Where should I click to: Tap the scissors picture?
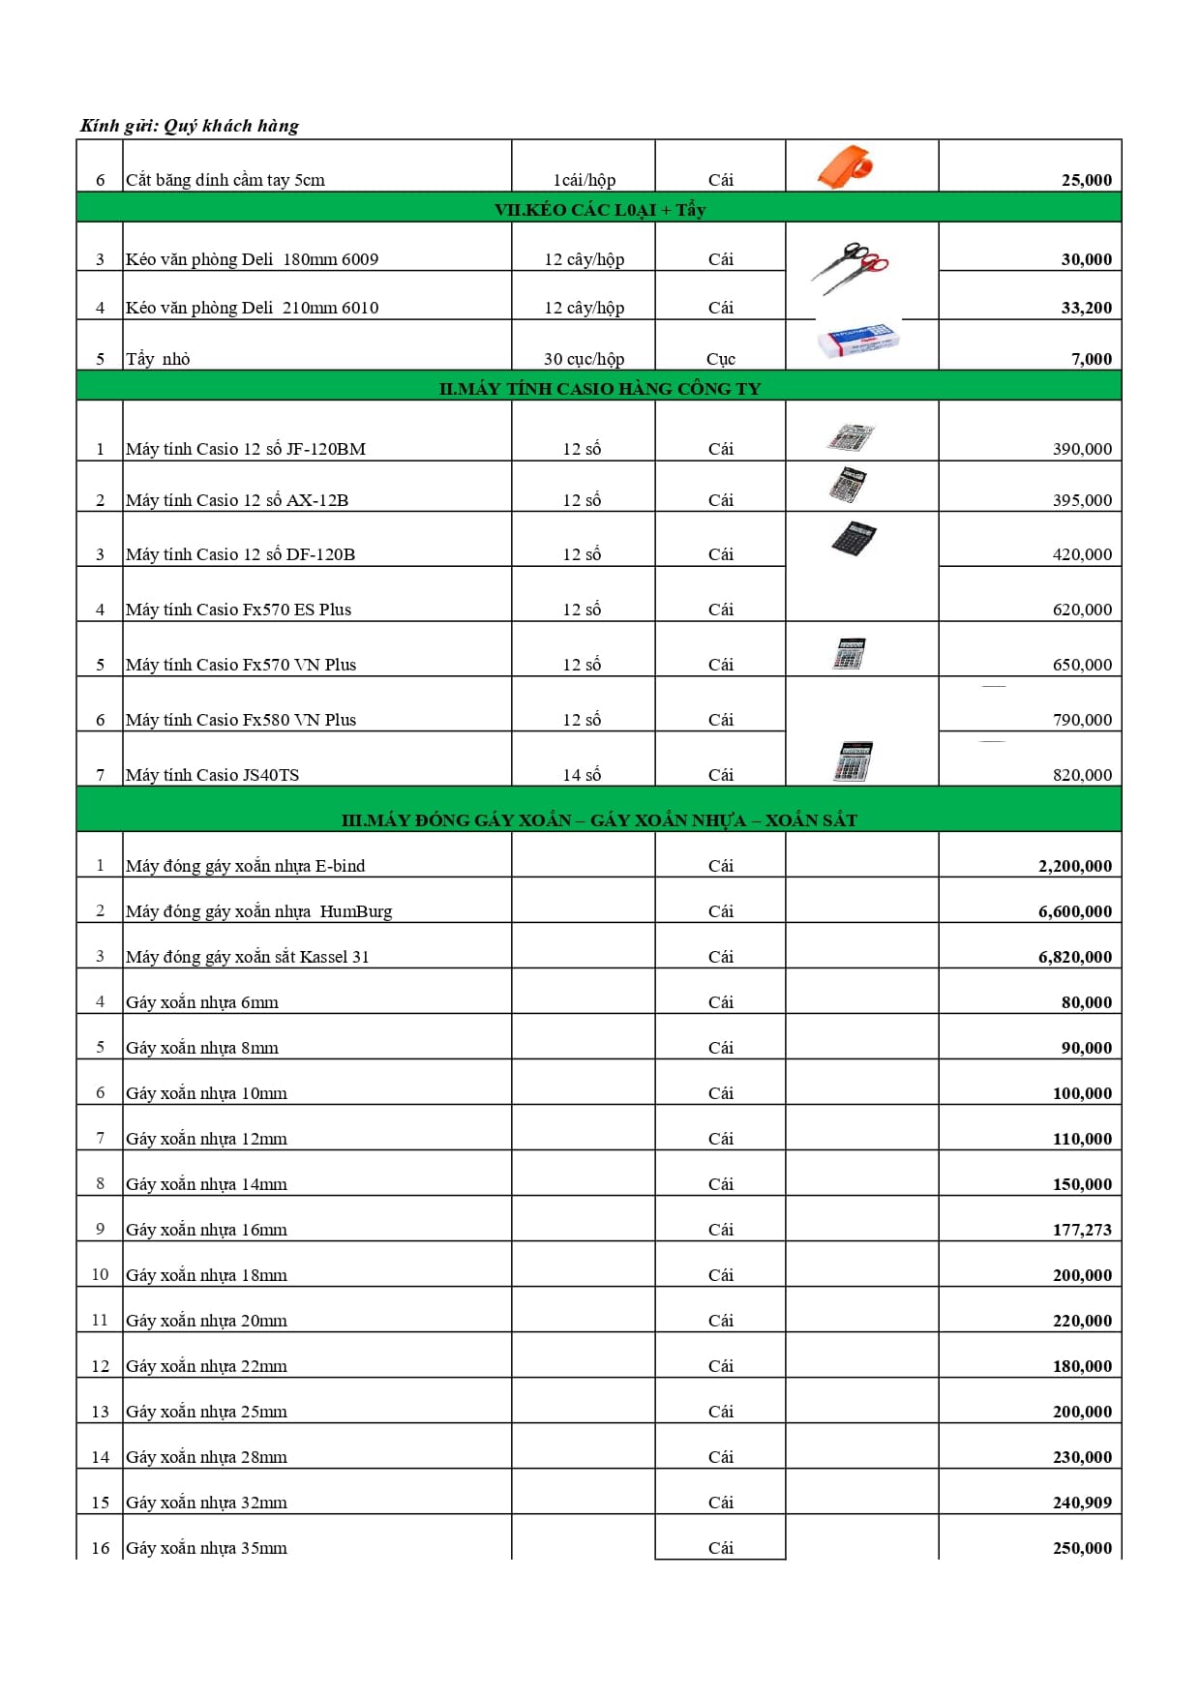point(849,266)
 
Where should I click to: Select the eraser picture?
point(859,342)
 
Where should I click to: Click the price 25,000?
point(1086,180)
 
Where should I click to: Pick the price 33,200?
point(1086,308)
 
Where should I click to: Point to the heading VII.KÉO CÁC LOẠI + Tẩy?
point(599,209)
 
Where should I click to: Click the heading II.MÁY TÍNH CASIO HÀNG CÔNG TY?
point(599,388)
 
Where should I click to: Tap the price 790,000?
point(1082,720)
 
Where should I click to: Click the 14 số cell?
point(582,775)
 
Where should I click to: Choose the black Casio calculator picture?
point(854,537)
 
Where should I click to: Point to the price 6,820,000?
point(1074,957)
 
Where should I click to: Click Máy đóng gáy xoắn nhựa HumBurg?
point(258,911)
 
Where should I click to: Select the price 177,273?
point(1082,1230)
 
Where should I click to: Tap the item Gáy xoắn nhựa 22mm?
point(206,1366)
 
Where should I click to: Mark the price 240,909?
point(1082,1503)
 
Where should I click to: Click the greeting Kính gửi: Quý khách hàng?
point(190,126)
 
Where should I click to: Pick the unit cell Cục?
point(720,359)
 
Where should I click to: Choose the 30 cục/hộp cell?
point(584,359)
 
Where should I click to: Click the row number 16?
point(101,1548)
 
